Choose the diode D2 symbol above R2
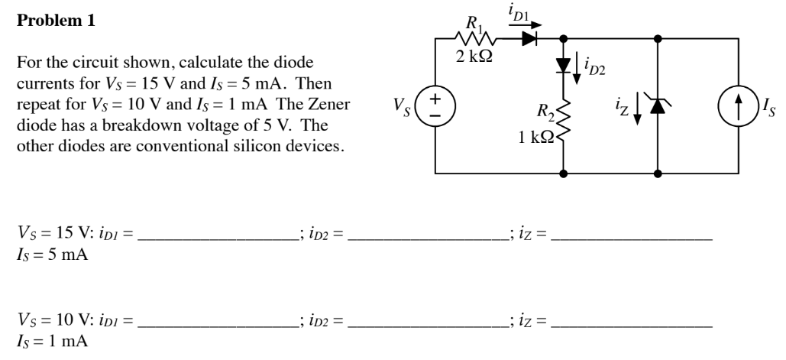563,66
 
